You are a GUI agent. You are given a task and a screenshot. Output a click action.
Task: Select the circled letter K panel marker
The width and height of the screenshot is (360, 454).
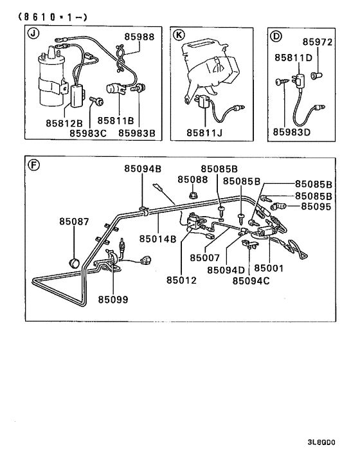[x=178, y=35]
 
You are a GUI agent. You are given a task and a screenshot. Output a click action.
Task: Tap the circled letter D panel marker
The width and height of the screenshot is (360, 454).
[x=276, y=35]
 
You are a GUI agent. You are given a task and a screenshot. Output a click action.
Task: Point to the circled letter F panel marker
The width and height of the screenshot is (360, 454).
[x=34, y=165]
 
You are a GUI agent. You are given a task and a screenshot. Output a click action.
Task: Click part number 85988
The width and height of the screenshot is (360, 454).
[x=139, y=37]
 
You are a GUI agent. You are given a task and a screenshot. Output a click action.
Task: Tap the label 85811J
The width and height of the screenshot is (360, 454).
[x=205, y=132]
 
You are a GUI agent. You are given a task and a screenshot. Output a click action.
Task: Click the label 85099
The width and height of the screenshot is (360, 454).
[x=113, y=299]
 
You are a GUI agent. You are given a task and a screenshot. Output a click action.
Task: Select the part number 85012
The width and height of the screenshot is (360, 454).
[x=181, y=280]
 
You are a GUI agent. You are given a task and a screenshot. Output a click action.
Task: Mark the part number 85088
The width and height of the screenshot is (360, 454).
[x=193, y=179]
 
